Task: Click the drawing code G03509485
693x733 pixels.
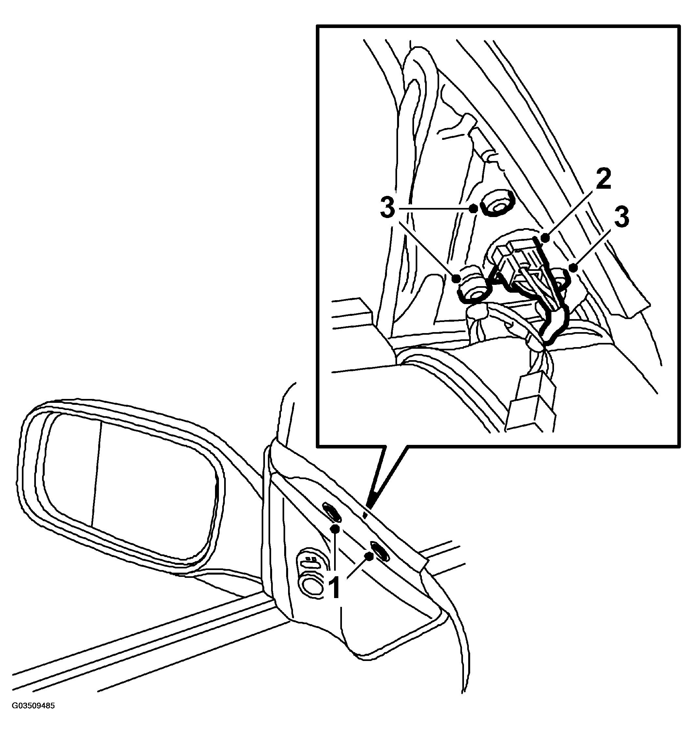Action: click(34, 706)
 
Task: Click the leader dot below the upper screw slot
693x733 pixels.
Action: click(335, 529)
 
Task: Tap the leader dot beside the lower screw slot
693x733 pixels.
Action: click(368, 557)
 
